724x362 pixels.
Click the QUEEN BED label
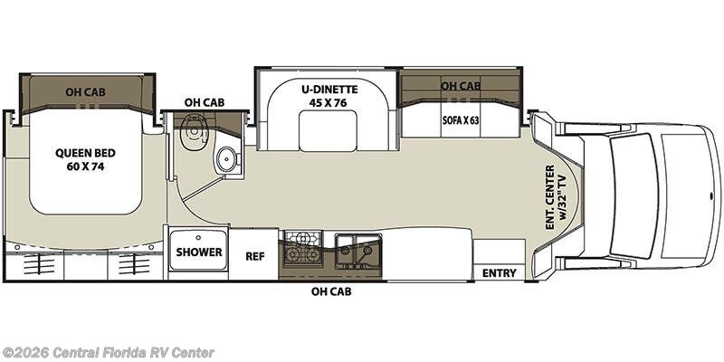[x=85, y=153]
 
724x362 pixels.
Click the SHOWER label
[x=199, y=252]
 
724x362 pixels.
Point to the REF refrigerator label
[x=254, y=256]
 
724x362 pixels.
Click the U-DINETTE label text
[x=328, y=90]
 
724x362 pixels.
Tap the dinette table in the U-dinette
[x=328, y=130]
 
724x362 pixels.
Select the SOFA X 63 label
[x=460, y=121]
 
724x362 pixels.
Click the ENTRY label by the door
[x=500, y=273]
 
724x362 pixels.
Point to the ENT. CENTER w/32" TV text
[x=555, y=197]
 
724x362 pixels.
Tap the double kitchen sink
[x=358, y=251]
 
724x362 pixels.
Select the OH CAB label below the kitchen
[x=331, y=291]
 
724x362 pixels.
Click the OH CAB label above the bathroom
[x=205, y=102]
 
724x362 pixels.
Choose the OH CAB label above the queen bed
[x=85, y=92]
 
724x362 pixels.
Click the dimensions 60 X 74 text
[x=85, y=167]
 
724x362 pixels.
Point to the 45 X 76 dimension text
[x=328, y=102]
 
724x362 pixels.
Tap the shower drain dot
[x=198, y=237]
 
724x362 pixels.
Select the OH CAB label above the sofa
[x=461, y=86]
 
